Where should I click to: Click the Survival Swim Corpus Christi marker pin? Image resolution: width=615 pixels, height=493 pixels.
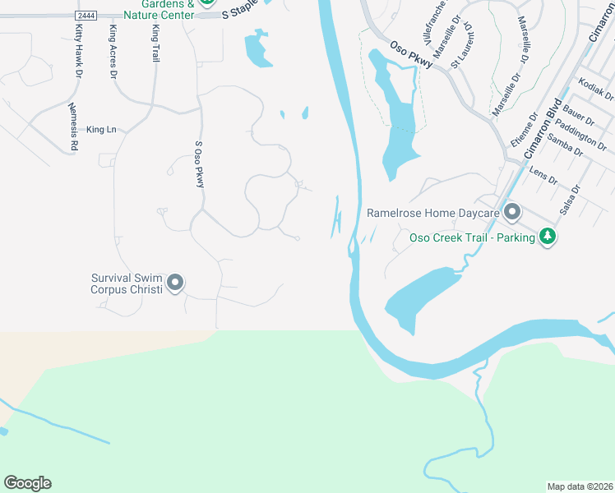pos(175,283)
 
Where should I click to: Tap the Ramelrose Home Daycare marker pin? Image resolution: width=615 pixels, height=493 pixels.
pos(512,213)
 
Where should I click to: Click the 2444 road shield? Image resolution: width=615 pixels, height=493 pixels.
pos(84,16)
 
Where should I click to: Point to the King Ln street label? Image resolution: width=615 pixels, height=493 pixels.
pos(102,129)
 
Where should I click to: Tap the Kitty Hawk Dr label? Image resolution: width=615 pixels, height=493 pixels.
pos(78,51)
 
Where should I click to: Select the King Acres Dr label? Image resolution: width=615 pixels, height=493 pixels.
pos(113,50)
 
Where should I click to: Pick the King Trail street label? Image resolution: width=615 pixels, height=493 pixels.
pos(155,44)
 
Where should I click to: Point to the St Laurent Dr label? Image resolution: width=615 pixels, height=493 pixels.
pos(468,39)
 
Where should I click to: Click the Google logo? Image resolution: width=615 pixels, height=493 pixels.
pos(27,483)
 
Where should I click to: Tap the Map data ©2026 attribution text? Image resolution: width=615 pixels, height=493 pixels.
pos(580,486)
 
